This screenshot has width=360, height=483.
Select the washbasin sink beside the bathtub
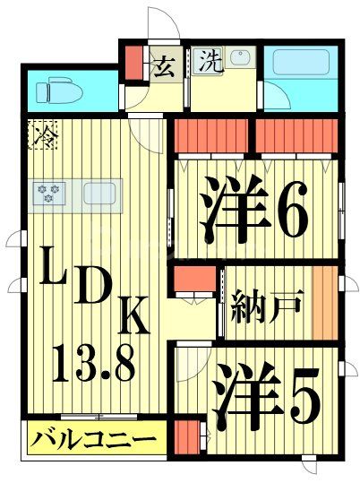pos(240,60)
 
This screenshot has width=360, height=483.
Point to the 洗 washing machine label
pos(209,62)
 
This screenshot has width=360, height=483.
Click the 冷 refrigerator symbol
pos(41,136)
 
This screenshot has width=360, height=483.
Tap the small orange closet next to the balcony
pos(185,440)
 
